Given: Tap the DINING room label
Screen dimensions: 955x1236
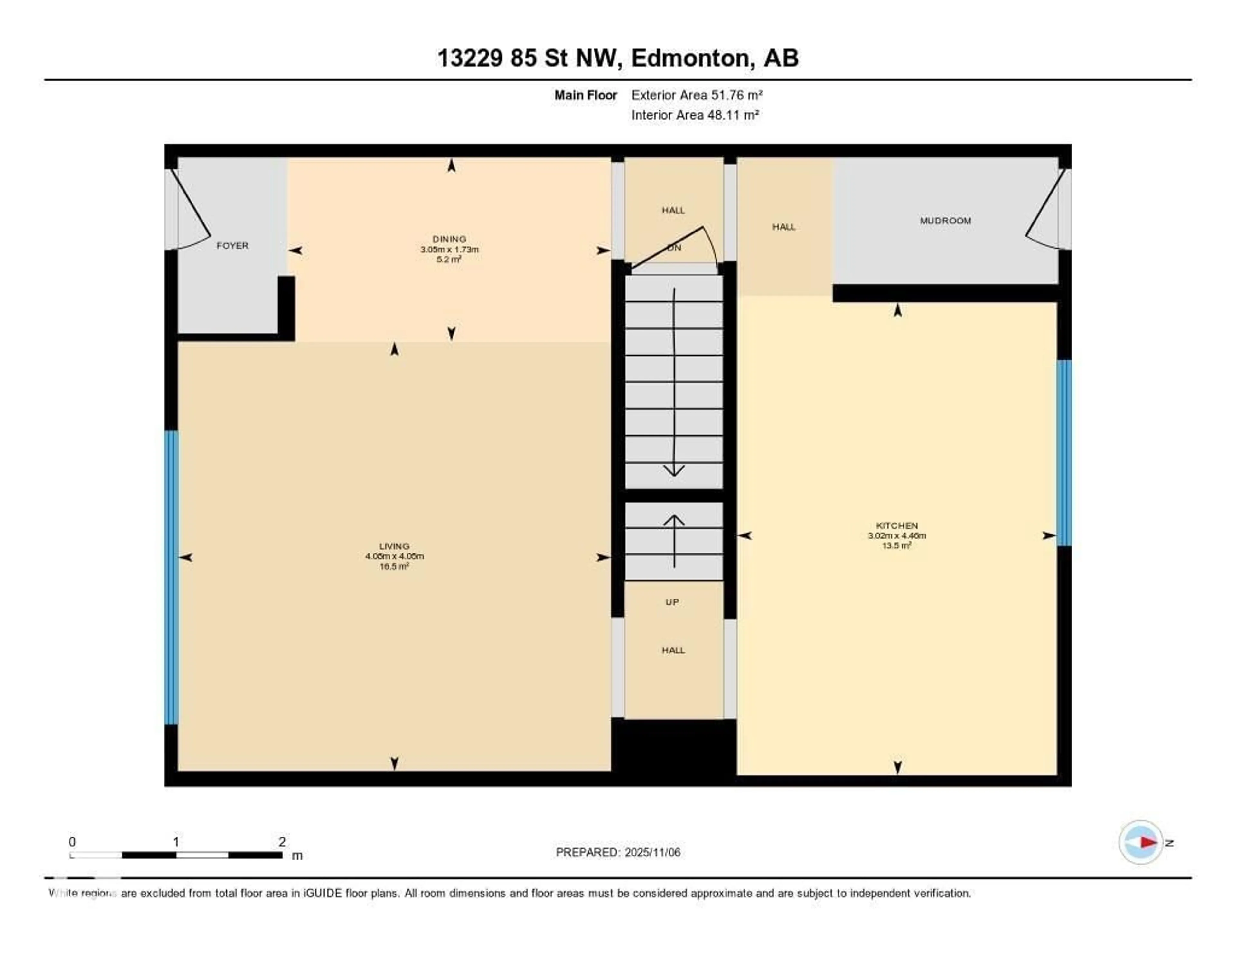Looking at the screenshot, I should pyautogui.click(x=449, y=239).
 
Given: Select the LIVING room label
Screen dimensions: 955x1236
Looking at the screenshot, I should pyautogui.click(x=394, y=546).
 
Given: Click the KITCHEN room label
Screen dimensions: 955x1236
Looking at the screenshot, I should pyautogui.click(x=896, y=525).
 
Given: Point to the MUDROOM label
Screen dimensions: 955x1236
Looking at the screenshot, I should pyautogui.click(x=945, y=221).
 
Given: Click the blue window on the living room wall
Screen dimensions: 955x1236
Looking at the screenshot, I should pyautogui.click(x=171, y=577).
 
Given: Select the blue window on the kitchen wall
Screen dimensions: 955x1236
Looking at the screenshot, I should pyautogui.click(x=1064, y=453).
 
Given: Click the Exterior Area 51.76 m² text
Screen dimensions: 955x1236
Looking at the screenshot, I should pyautogui.click(x=697, y=95).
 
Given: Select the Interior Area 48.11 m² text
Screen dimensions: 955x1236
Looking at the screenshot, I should pyautogui.click(x=694, y=115).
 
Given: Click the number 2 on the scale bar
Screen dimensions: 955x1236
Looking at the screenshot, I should pyautogui.click(x=282, y=842).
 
